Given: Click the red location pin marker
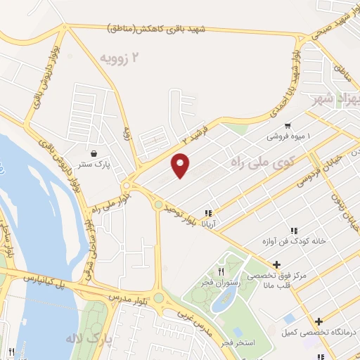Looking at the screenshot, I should pos(181,165).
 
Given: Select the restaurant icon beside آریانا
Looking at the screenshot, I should pos(207,213).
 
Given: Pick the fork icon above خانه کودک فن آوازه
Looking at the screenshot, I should pos(294,230).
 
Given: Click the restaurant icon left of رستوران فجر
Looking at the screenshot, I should pos(221,271).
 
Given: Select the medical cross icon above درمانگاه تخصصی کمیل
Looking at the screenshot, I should pos(319,321).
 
